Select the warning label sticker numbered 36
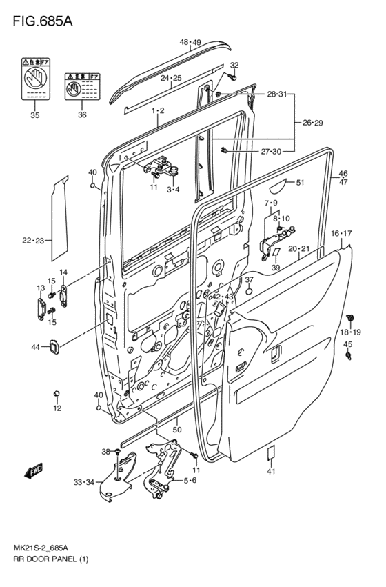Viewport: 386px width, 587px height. click(x=81, y=87)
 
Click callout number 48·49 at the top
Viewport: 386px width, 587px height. click(x=190, y=43)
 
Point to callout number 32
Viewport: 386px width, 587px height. click(x=234, y=66)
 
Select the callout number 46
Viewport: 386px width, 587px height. click(x=343, y=174)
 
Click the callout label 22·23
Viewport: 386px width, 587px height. click(x=32, y=240)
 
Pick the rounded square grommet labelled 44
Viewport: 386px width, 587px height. click(x=53, y=347)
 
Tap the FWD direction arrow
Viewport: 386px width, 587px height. click(x=32, y=472)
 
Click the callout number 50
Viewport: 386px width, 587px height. click(x=176, y=429)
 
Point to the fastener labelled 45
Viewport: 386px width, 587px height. click(x=349, y=356)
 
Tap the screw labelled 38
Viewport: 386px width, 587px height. click(x=118, y=452)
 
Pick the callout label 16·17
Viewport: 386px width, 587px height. click(x=341, y=234)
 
